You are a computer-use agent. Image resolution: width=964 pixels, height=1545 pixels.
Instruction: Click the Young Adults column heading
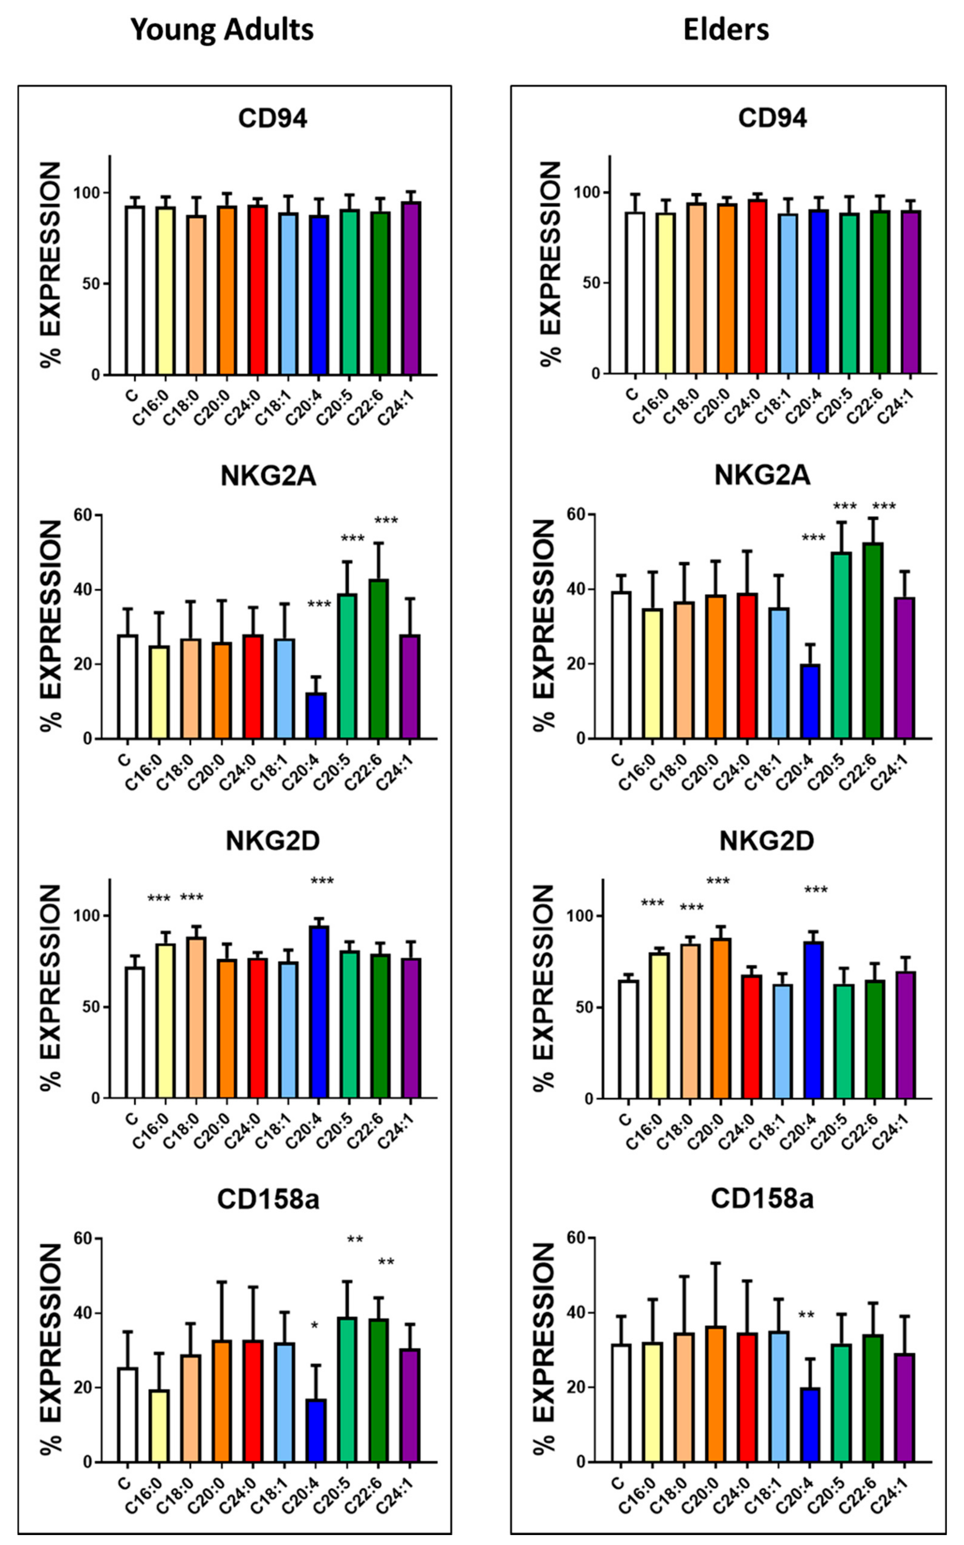[222, 30]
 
